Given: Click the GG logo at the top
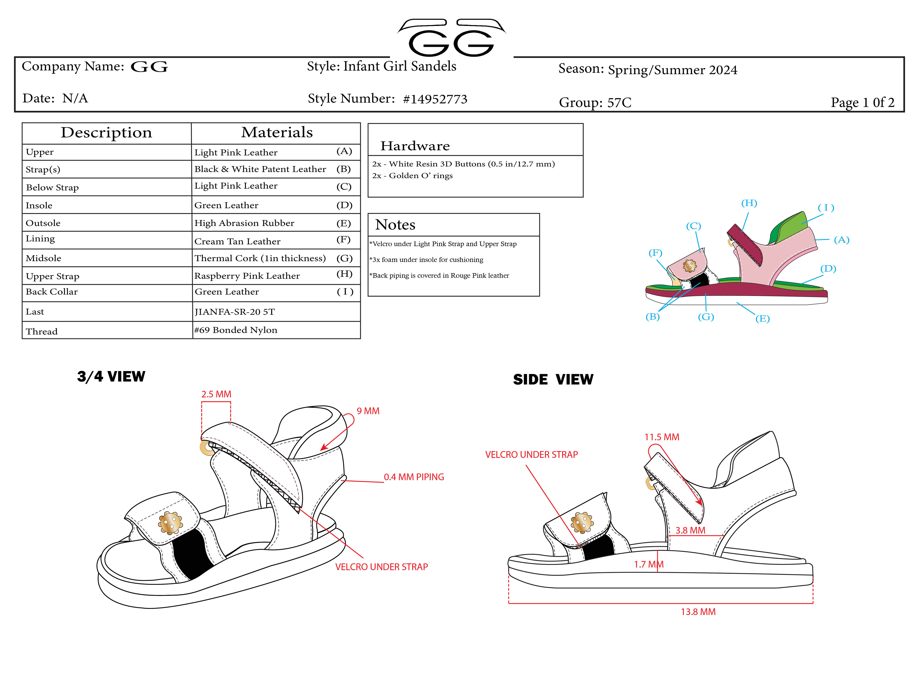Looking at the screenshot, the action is pos(451,38).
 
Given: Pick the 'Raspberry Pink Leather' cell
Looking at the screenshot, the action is pos(247,276).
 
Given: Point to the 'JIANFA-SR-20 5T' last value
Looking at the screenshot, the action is pos(234,312).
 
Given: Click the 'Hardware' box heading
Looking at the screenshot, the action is pos(415,146).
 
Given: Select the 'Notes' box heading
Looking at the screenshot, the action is pos(395,225).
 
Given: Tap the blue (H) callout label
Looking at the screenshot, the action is pos(749,203).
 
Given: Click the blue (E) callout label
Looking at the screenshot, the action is pos(762,318).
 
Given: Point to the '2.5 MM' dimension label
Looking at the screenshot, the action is pos(216,394).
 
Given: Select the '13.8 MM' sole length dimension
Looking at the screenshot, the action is pos(698,612).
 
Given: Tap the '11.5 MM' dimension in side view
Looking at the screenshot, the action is pos(661,437).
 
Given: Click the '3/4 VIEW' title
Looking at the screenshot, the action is pos(111,377).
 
